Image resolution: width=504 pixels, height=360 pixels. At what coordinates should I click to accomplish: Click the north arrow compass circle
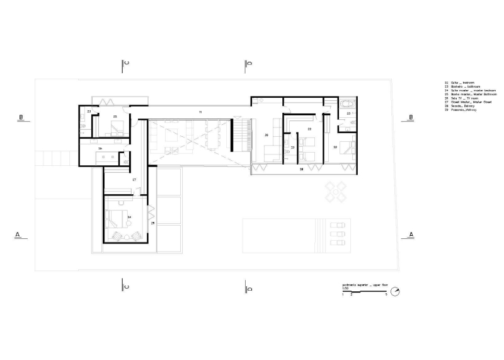(395, 291)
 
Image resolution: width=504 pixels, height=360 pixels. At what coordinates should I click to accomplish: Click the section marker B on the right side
(411, 118)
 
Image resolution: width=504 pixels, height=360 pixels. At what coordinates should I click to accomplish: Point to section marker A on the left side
(18, 235)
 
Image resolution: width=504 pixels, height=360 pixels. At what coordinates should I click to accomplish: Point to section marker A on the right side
(411, 235)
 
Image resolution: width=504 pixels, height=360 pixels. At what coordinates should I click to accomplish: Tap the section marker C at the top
(126, 64)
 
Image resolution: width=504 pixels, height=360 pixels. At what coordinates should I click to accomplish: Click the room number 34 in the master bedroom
(129, 217)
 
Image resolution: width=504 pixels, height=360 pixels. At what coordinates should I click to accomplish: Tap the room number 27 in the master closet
(134, 180)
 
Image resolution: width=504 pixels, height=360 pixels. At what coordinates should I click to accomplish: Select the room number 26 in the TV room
(266, 136)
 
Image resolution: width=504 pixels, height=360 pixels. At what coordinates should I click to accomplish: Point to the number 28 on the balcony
(301, 170)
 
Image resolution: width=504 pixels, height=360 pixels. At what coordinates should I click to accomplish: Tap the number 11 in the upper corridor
(200, 112)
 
